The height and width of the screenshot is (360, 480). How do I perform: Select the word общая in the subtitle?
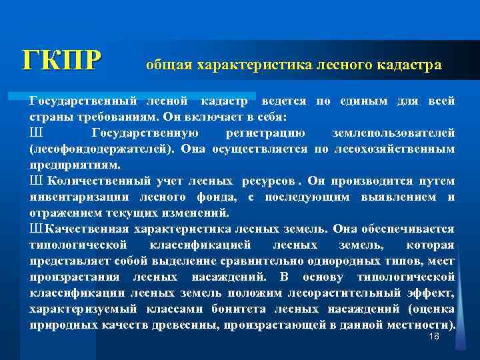tap(167, 65)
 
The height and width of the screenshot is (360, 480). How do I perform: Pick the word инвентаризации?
tap(80, 197)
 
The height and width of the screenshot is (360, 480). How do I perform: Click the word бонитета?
tap(240, 309)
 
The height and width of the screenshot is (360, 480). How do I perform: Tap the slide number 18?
tap(434, 339)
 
